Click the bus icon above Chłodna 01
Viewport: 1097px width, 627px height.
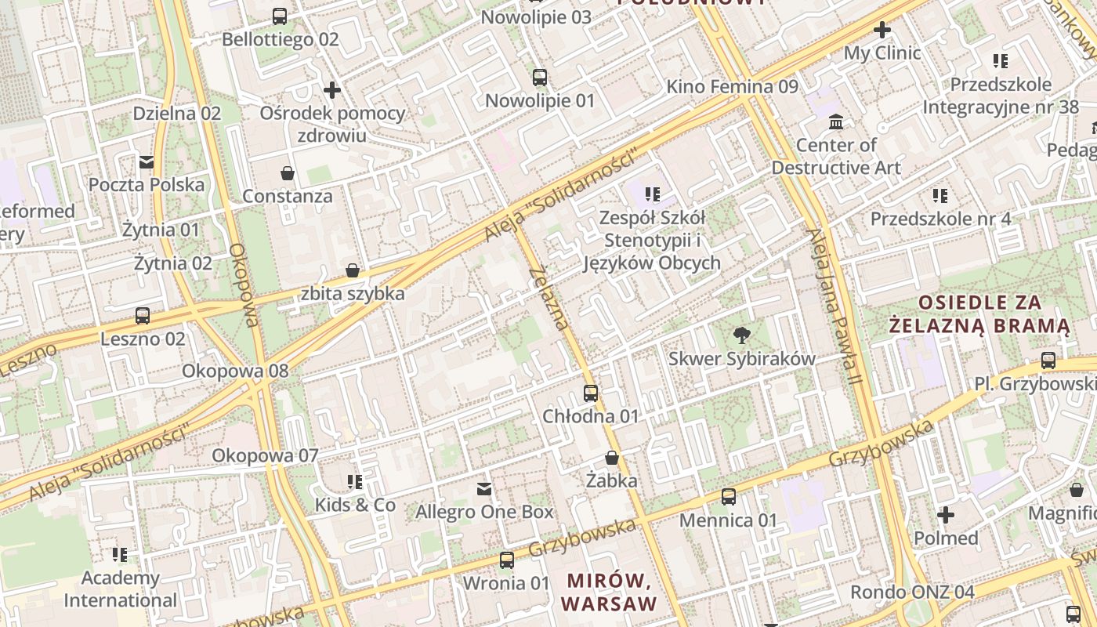pos(591,393)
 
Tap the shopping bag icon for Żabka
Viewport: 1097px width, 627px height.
pos(612,457)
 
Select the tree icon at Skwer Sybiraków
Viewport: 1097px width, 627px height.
pos(740,336)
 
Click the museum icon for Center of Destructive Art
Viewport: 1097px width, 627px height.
pos(836,122)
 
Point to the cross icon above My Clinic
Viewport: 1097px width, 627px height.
pos(882,30)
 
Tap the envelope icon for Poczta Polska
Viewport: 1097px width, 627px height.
pos(147,161)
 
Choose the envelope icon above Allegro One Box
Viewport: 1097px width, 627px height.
pos(484,489)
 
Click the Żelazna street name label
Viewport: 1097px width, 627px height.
pos(548,298)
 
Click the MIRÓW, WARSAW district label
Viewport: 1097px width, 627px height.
pos(609,592)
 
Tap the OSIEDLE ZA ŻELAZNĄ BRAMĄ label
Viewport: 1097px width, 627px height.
pos(979,313)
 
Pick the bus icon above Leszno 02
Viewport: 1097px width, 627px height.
pos(143,316)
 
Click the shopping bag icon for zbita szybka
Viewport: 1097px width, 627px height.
pos(353,270)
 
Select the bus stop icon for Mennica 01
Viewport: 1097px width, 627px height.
pos(729,496)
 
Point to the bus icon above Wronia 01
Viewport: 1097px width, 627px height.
pos(507,560)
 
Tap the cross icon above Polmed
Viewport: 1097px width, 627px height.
pos(946,515)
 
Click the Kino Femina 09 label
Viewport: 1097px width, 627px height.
pos(732,86)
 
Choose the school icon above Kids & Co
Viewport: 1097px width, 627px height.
pos(355,481)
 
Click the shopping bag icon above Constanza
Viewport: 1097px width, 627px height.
pos(288,172)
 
